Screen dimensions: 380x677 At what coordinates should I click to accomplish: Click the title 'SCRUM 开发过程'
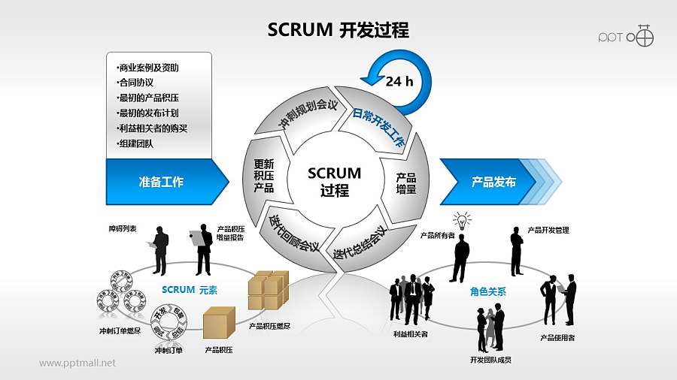[338, 29]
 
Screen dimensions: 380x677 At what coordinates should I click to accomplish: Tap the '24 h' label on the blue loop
[399, 82]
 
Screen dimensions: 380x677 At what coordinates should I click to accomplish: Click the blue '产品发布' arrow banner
[493, 182]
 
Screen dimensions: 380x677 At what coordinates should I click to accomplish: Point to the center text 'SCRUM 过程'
[335, 182]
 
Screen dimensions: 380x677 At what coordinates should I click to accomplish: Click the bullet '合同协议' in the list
[135, 83]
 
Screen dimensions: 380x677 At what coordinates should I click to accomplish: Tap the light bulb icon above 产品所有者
[461, 221]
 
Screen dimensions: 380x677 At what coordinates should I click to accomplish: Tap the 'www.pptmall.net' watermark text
[77, 363]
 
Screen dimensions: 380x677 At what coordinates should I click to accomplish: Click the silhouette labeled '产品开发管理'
[517, 251]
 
